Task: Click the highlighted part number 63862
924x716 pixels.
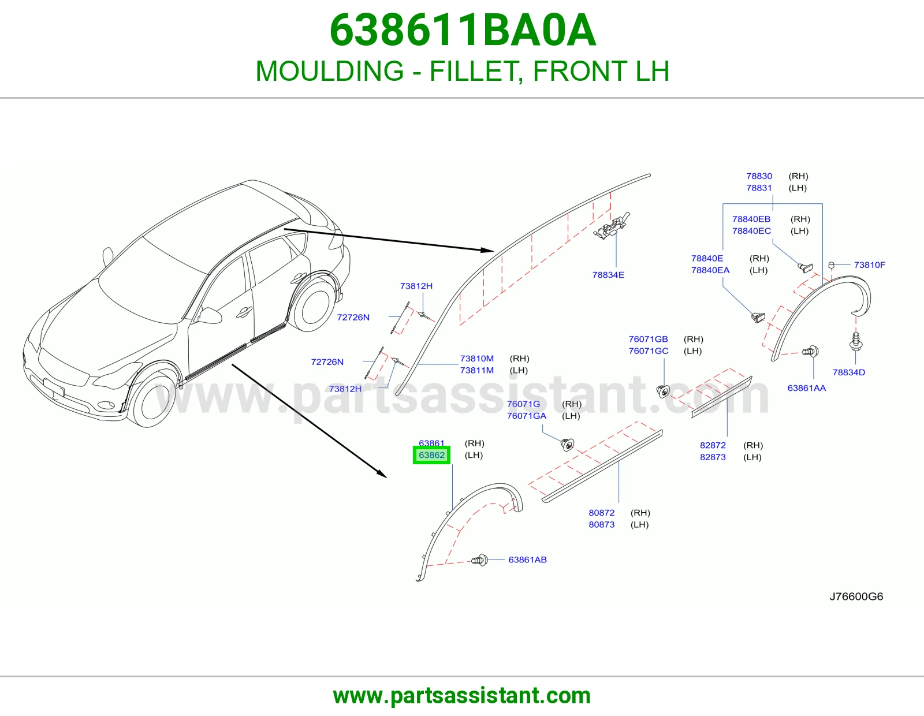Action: tap(431, 455)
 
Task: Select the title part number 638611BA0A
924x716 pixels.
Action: tap(463, 30)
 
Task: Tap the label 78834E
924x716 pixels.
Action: tap(608, 275)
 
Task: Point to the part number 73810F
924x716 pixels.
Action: tap(870, 265)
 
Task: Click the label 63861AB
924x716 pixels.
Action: tap(527, 560)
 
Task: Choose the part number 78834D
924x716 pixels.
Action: tap(849, 372)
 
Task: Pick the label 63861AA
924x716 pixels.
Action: tap(807, 388)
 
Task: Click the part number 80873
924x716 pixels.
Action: tap(601, 524)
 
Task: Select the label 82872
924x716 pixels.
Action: tap(713, 445)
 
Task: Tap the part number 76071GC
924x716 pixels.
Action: tap(649, 350)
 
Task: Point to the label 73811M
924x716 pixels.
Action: tap(476, 370)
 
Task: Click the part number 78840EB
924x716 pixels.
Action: tap(751, 219)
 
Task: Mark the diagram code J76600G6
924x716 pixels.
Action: tap(856, 596)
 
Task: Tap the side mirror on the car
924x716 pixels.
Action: tap(209, 315)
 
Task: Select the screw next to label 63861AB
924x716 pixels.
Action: tap(480, 560)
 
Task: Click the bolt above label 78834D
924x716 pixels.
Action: tap(855, 341)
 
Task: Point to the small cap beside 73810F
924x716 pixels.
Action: tap(831, 265)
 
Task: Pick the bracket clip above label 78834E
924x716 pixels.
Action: tap(612, 225)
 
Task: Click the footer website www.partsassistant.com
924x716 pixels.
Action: tap(462, 696)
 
